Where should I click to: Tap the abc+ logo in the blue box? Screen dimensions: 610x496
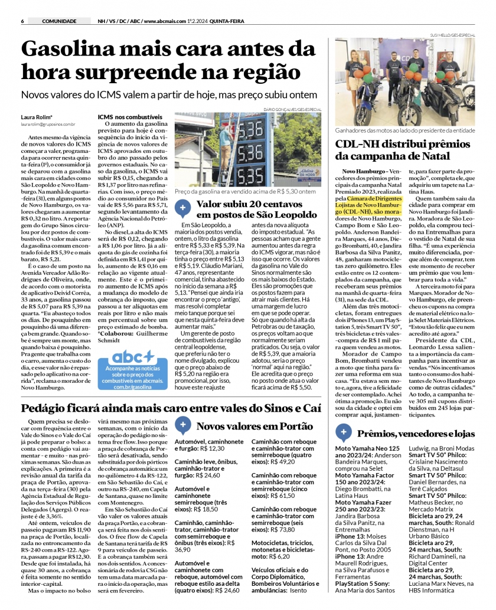tap(133, 356)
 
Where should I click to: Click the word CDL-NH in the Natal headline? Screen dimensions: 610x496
tap(360, 144)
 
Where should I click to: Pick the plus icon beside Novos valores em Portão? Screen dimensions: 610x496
tap(183, 424)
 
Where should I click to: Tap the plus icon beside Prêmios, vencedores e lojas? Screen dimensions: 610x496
tap(344, 433)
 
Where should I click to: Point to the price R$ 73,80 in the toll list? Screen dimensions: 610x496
tap(282, 530)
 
